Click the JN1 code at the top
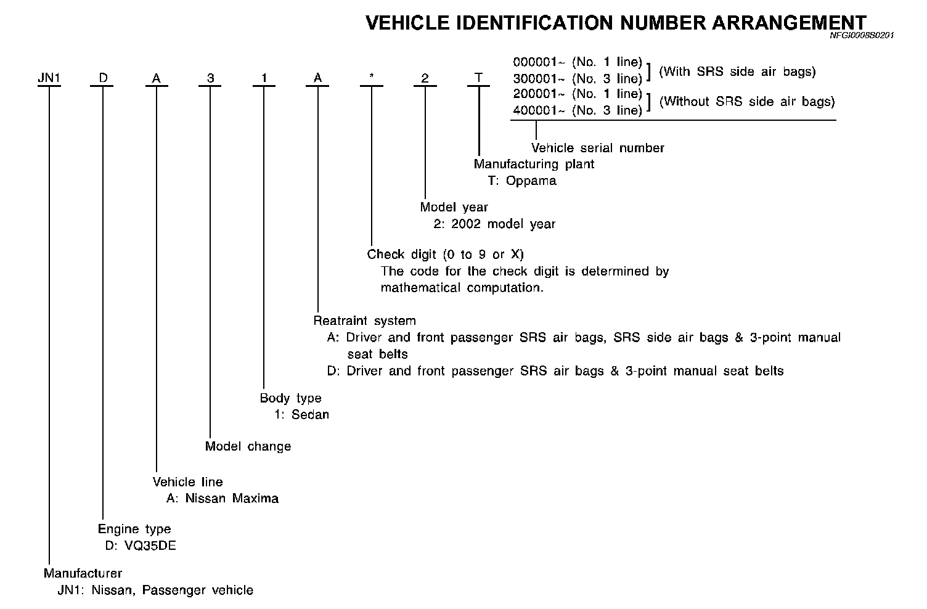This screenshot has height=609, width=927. (49, 78)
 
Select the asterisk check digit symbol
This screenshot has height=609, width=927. (371, 78)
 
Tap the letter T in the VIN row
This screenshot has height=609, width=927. (478, 78)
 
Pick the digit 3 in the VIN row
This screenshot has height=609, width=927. (210, 78)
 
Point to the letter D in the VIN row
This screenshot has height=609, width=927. (103, 78)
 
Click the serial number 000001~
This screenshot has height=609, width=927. (539, 62)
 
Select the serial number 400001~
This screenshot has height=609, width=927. (539, 110)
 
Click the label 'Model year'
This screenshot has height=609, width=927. (454, 207)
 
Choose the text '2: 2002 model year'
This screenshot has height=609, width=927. (494, 224)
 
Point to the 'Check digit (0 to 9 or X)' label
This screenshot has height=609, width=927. (446, 254)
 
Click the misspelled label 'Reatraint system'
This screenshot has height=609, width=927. (365, 321)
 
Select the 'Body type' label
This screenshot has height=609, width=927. (291, 398)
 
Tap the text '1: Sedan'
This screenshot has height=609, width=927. (301, 414)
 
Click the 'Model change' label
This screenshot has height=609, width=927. (248, 446)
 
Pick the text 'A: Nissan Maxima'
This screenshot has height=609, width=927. (223, 498)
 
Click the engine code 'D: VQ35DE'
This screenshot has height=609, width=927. (141, 546)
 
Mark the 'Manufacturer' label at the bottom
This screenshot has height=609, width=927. (83, 573)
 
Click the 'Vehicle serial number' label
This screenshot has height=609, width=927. (598, 148)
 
